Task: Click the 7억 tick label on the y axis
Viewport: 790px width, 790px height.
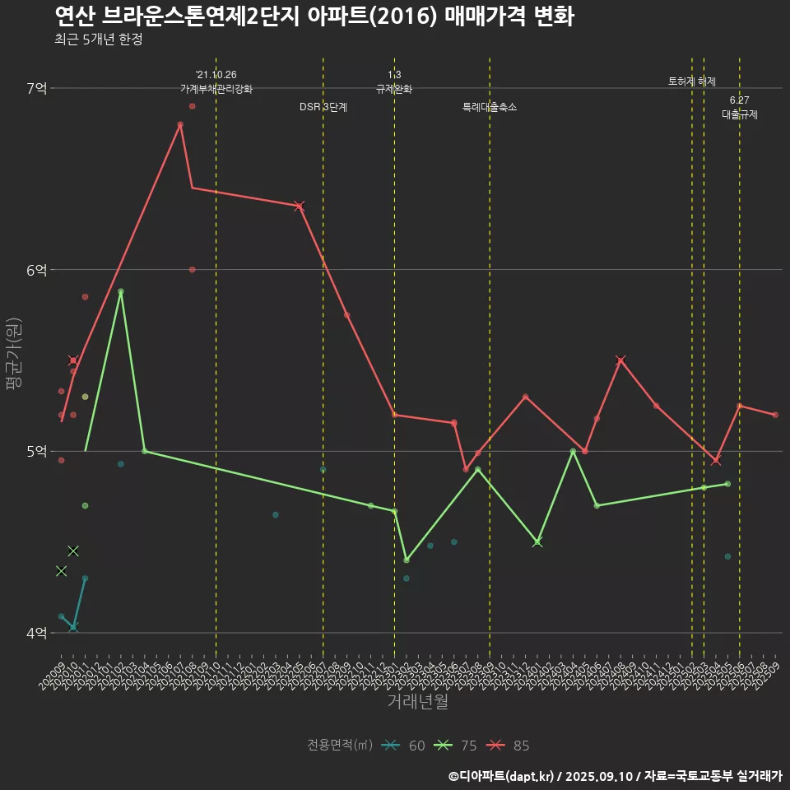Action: [36, 88]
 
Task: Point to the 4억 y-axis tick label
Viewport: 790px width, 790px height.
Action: [36, 633]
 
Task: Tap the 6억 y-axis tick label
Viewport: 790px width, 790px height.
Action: [36, 270]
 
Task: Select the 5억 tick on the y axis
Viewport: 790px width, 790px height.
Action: [36, 451]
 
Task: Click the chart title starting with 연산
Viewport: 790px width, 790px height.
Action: [314, 16]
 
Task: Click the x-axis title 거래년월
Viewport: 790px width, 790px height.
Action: [418, 701]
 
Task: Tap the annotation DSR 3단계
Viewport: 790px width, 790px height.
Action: [323, 108]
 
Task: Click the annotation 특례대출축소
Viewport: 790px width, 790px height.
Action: [490, 108]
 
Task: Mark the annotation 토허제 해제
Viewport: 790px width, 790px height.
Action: [692, 81]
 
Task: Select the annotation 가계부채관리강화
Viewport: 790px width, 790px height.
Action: [216, 89]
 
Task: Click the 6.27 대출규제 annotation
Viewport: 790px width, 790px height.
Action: [740, 108]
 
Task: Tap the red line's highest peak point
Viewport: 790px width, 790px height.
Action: [180, 124]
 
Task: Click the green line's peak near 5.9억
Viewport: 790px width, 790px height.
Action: [121, 291]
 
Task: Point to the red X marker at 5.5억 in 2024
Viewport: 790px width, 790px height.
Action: [620, 360]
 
